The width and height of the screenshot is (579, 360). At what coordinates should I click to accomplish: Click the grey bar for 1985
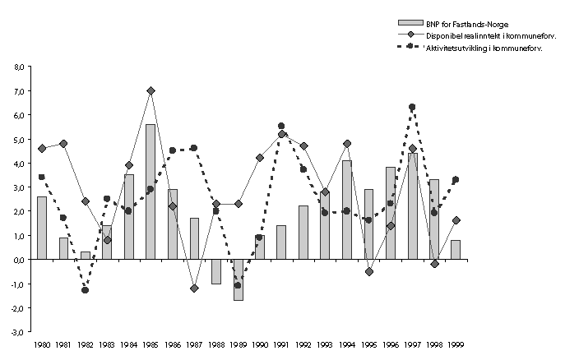click(x=151, y=192)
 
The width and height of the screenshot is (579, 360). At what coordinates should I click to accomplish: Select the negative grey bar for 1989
click(x=238, y=279)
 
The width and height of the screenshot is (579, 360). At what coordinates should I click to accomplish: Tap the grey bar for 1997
click(x=412, y=206)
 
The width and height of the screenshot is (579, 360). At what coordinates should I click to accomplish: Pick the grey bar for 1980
click(x=42, y=228)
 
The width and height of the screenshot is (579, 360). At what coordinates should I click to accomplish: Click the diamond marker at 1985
click(x=151, y=90)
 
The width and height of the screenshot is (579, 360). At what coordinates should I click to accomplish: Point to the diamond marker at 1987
click(x=194, y=288)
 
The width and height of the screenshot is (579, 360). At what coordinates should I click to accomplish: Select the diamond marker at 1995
click(x=368, y=271)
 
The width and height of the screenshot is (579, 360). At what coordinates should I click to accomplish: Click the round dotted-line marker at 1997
click(x=412, y=107)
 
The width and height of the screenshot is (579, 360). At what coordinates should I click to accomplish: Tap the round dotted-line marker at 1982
click(x=86, y=290)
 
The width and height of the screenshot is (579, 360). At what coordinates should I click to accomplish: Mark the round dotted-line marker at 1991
click(x=281, y=126)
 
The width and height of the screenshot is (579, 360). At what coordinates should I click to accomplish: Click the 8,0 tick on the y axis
click(x=19, y=67)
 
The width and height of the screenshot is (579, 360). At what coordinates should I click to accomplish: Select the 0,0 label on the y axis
click(x=19, y=260)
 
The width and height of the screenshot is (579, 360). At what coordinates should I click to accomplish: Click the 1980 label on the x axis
click(x=42, y=346)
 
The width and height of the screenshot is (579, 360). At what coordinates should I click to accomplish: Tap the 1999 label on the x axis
click(x=456, y=346)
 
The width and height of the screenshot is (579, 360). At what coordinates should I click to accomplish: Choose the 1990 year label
click(x=260, y=346)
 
